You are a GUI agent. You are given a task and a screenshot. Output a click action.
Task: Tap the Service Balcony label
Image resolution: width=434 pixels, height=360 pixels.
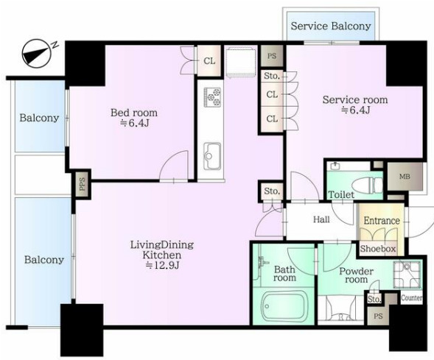(x=331, y=26)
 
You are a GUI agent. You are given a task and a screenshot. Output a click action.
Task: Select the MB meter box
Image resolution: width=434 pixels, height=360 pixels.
(x=405, y=177)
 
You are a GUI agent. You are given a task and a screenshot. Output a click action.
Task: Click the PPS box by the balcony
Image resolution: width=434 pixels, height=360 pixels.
(x=83, y=184)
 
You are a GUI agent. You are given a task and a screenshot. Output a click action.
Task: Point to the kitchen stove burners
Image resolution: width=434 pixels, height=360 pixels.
(x=212, y=97)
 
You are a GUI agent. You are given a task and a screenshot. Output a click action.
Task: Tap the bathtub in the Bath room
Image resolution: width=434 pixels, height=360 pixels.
(x=284, y=306)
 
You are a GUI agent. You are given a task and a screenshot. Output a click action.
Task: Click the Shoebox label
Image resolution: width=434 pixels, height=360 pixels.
(x=378, y=249)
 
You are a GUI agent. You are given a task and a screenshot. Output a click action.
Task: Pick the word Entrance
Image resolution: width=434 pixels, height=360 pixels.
(x=382, y=221)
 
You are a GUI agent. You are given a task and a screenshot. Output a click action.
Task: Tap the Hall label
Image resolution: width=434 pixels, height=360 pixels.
(x=321, y=219)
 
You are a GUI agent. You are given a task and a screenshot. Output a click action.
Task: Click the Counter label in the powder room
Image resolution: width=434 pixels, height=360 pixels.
(x=411, y=297)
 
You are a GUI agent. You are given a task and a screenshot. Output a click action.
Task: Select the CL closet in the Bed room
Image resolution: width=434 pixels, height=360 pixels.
(x=209, y=61)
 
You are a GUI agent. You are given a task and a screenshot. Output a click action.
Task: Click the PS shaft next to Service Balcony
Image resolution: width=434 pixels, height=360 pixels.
(x=272, y=56)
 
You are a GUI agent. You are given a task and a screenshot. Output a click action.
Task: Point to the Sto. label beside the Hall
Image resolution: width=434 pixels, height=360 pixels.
(x=272, y=191)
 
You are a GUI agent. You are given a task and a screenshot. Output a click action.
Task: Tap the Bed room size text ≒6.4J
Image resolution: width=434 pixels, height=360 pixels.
(x=135, y=123)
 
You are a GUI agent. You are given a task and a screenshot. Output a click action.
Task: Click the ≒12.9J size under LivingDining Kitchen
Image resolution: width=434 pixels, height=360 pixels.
(x=162, y=265)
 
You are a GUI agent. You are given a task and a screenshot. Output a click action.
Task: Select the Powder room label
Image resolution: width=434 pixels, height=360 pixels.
(x=356, y=275)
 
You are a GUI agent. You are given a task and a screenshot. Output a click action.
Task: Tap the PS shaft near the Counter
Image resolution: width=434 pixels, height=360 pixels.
(x=378, y=316)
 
